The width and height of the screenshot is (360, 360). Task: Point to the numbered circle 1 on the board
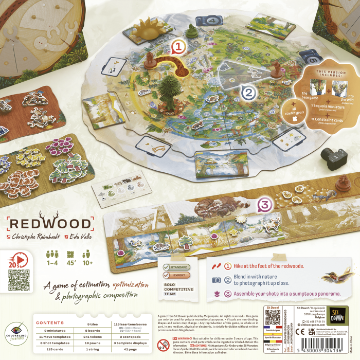click(177, 48)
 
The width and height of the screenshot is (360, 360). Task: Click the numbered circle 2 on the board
click(248, 93)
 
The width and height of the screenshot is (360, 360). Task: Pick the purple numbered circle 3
click(264, 205)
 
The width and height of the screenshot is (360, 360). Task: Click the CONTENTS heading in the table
click(50, 323)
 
